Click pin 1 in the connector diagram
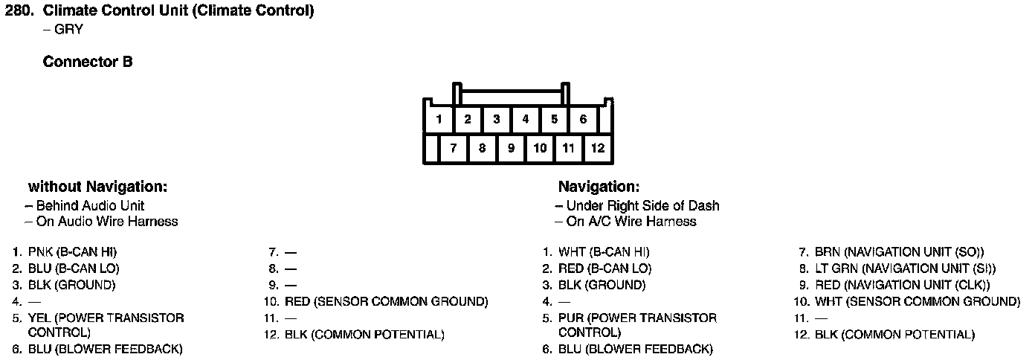(439, 119)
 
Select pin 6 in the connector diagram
(583, 119)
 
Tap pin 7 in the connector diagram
(454, 148)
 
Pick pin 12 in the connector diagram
(598, 148)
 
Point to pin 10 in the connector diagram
(540, 148)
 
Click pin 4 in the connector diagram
(525, 119)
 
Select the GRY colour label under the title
(68, 30)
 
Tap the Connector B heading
(88, 62)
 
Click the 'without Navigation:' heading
(97, 186)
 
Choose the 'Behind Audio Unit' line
(90, 205)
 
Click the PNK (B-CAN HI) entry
(72, 252)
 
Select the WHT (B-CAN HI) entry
(604, 252)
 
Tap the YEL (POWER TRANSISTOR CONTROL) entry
(106, 324)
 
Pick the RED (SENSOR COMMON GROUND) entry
(386, 301)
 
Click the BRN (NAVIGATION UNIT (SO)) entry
(899, 252)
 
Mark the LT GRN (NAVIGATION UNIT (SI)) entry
(905, 269)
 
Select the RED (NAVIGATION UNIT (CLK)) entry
(902, 285)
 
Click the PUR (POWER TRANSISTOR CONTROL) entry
(637, 324)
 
